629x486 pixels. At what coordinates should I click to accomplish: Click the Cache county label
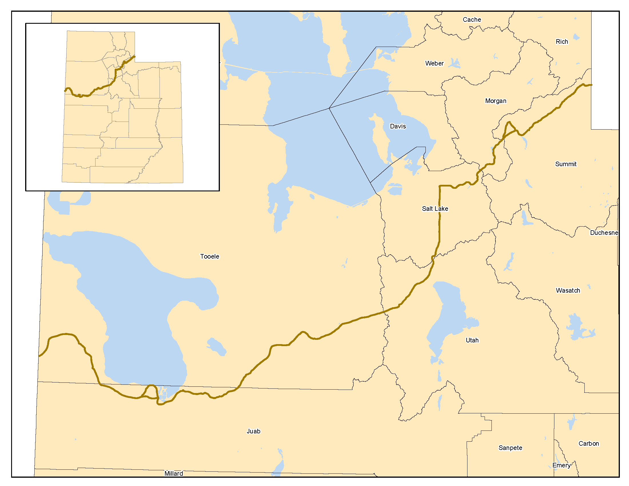(472, 19)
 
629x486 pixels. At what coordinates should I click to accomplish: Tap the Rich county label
(562, 42)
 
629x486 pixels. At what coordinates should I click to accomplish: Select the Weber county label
(434, 64)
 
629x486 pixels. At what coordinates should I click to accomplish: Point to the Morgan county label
(495, 101)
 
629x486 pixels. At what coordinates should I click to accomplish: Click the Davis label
(398, 126)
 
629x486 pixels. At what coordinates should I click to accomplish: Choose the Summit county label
(566, 164)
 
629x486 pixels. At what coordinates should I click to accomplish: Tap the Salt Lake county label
(435, 209)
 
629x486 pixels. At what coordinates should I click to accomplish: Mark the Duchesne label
(604, 233)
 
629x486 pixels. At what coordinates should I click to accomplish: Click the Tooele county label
(210, 256)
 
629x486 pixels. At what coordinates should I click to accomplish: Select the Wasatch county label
(568, 290)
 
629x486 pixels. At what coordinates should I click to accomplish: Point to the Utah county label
(472, 340)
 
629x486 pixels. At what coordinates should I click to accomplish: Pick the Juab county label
(253, 431)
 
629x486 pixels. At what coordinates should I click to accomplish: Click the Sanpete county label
(510, 448)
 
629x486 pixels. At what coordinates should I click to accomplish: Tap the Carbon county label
(589, 443)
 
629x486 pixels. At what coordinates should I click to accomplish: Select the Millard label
(174, 473)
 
